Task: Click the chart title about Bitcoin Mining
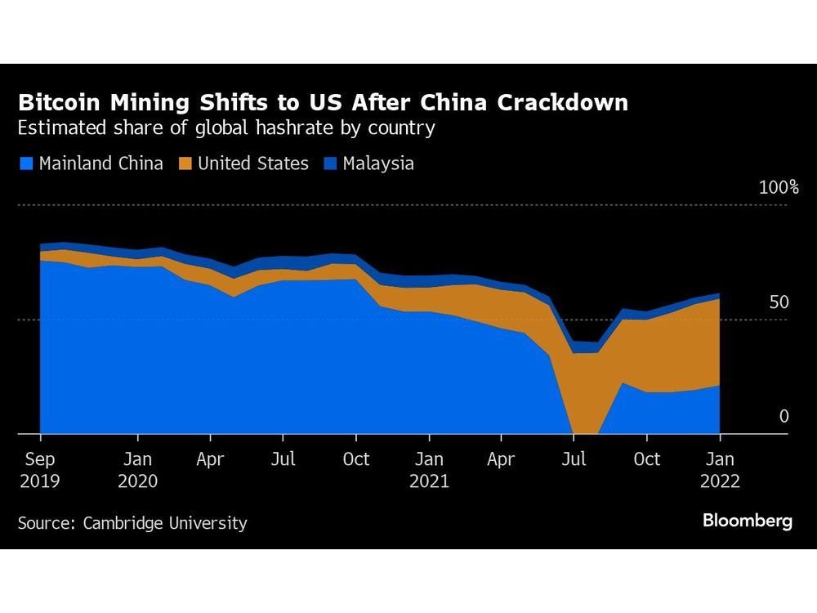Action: point(323,103)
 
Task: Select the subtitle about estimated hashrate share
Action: point(225,129)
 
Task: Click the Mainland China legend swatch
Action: point(25,163)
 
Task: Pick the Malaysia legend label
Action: point(378,163)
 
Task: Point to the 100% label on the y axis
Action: point(779,188)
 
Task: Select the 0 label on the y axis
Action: point(784,417)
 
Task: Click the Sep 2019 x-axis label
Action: point(40,470)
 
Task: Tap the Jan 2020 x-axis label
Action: point(137,470)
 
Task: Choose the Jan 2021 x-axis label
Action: point(429,470)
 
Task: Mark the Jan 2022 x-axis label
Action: point(720,470)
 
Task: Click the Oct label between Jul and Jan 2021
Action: point(355,459)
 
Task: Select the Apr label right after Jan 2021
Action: point(501,459)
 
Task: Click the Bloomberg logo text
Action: point(747,521)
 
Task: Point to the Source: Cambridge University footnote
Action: point(132,523)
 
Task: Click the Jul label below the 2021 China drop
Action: point(574,459)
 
